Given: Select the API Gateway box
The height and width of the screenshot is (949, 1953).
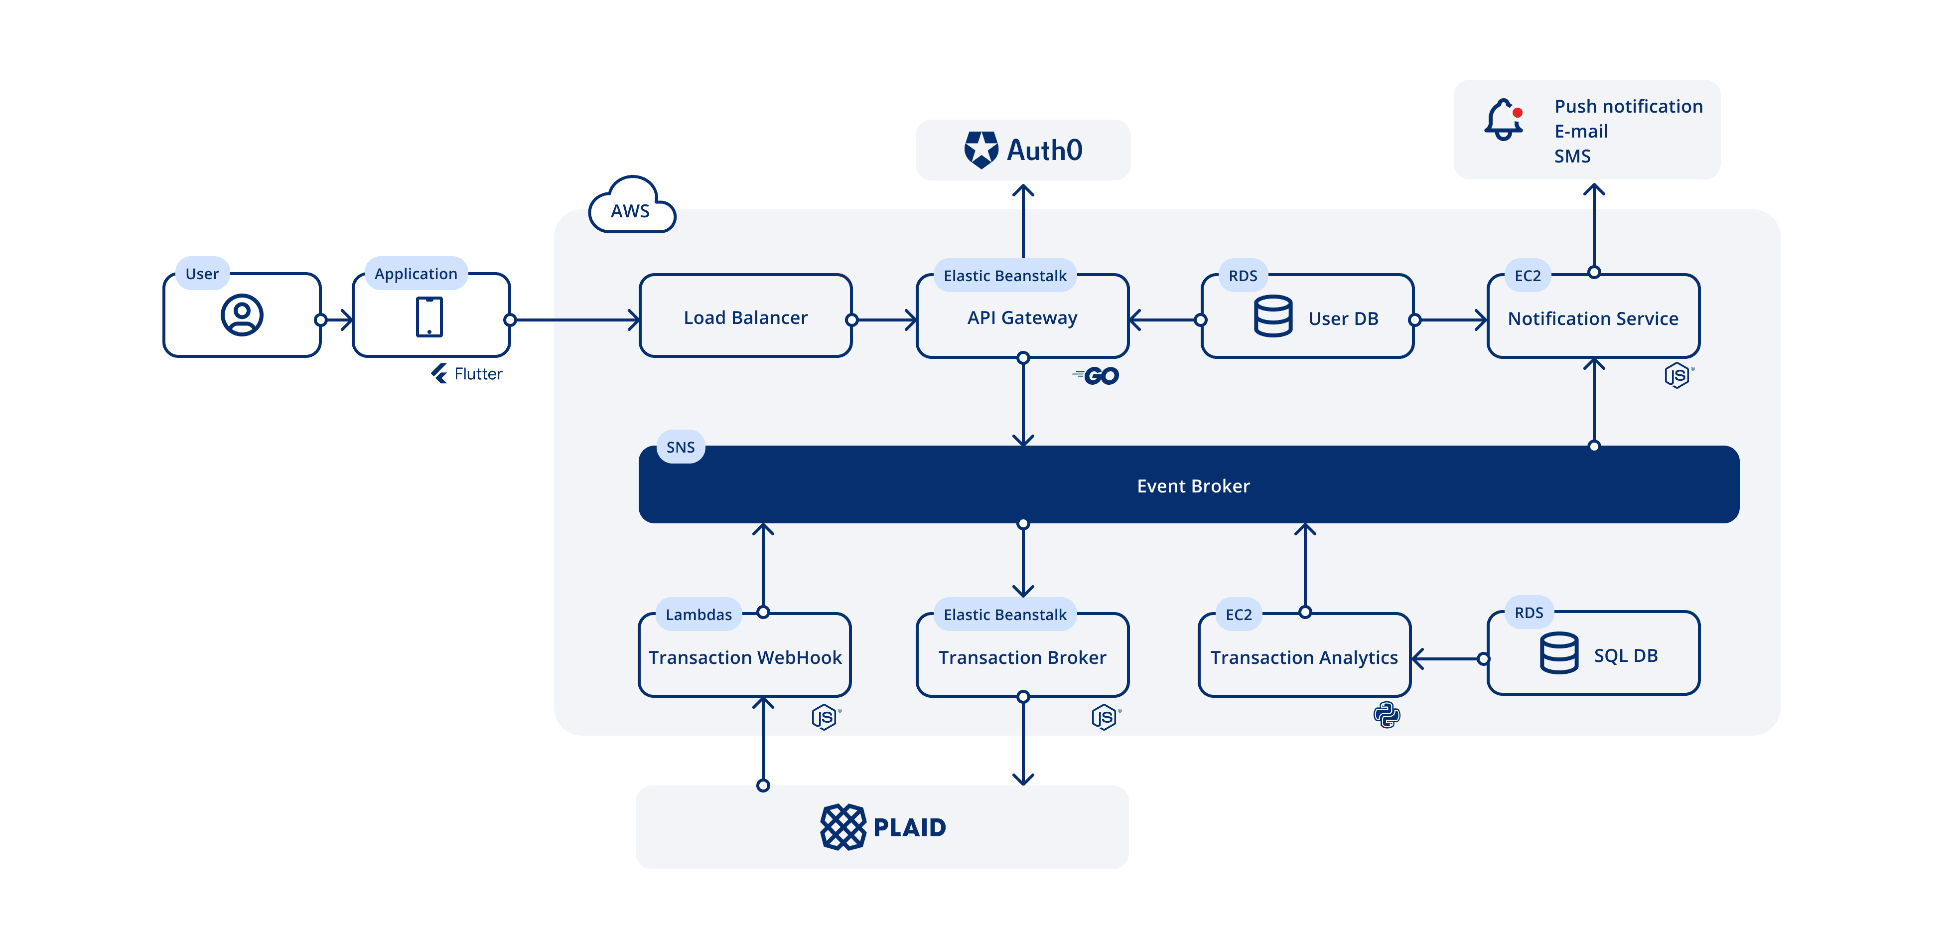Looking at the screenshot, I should [x=1021, y=317].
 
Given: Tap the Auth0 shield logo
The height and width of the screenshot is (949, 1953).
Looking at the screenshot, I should [x=980, y=150].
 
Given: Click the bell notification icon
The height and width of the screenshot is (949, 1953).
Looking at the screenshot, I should [x=1503, y=120].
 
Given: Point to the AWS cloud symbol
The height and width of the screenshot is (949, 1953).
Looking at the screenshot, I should [x=631, y=206].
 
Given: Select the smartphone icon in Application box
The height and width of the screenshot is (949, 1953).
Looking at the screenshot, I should [x=429, y=316].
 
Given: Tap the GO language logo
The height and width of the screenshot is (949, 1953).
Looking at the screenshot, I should [x=1096, y=375].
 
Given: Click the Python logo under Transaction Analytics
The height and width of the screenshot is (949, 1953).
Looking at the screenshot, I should [x=1386, y=715].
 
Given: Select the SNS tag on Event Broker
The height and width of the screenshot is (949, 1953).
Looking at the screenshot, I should [x=680, y=447].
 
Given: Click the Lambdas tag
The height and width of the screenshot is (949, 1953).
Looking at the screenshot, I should [x=698, y=615].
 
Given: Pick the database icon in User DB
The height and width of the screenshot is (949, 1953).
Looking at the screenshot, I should [x=1273, y=316].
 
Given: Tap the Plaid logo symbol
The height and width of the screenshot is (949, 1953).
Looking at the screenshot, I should [x=842, y=827].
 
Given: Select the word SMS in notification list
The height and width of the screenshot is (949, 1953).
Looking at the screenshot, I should [x=1572, y=157].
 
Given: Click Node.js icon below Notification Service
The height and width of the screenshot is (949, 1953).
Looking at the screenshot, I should [x=1677, y=375].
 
